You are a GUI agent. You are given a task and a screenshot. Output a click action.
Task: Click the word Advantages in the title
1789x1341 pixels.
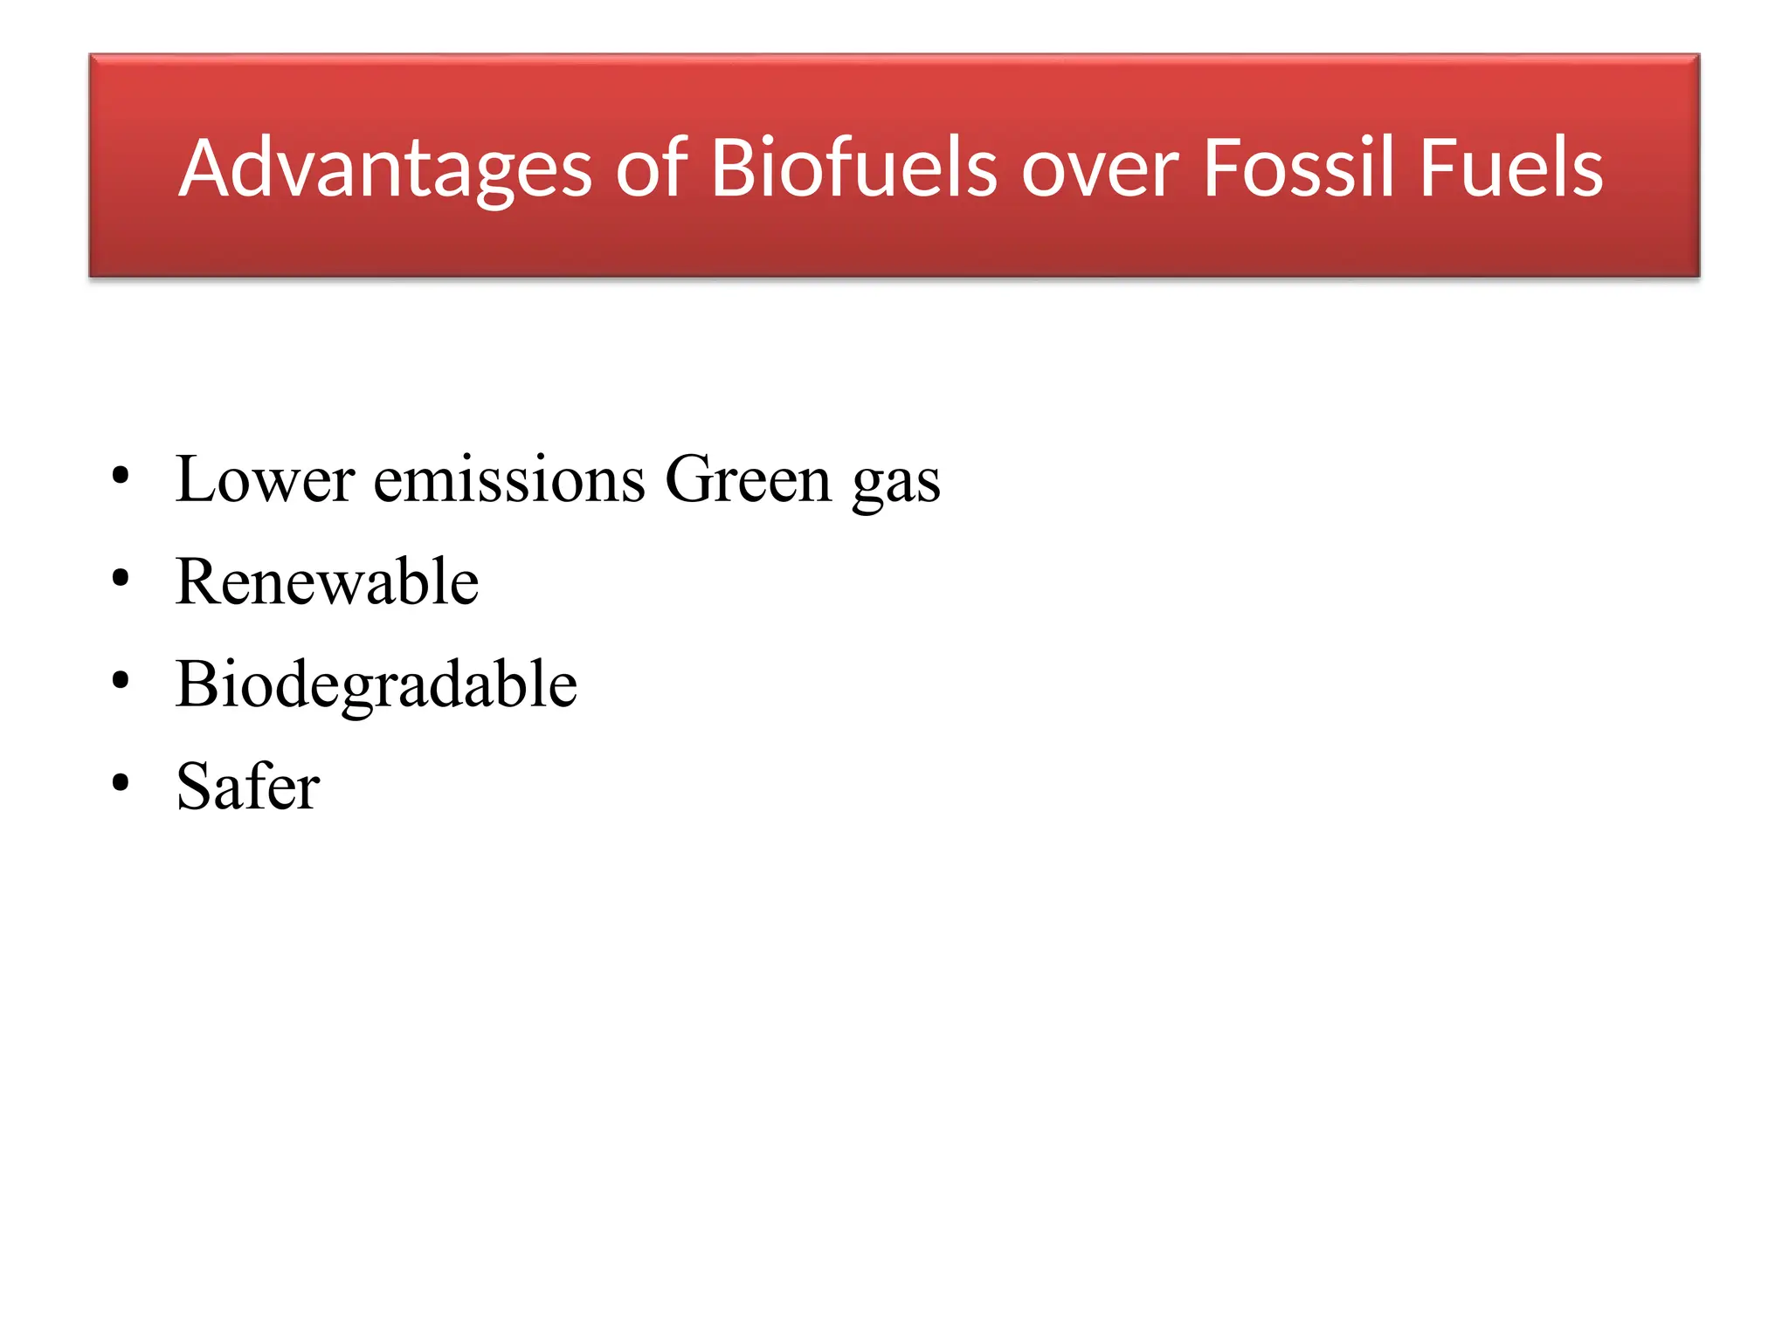click(x=385, y=168)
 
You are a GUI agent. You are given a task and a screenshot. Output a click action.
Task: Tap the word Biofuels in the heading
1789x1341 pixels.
click(x=853, y=168)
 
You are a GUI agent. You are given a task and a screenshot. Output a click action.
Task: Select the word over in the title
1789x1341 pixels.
click(x=1101, y=168)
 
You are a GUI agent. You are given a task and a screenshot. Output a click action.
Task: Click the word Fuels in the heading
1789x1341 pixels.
click(x=1511, y=168)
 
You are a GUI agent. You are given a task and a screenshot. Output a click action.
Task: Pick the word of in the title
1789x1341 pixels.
click(x=652, y=168)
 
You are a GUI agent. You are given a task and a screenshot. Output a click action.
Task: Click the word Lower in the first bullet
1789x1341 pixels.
click(x=265, y=479)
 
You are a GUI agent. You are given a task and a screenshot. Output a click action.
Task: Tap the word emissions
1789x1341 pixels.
click(x=509, y=479)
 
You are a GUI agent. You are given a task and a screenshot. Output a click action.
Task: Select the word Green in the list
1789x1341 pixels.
click(x=748, y=479)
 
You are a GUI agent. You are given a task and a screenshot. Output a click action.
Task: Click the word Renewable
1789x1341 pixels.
click(x=327, y=581)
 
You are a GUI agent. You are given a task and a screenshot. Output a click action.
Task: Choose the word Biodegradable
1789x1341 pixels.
click(x=376, y=684)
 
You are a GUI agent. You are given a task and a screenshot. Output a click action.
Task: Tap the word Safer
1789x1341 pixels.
click(x=248, y=786)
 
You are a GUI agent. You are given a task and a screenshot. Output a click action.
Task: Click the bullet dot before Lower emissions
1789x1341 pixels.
click(x=121, y=477)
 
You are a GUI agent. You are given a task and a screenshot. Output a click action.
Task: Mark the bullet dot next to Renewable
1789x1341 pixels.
click(x=121, y=578)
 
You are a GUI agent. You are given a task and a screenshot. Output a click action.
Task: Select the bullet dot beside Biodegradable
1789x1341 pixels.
click(x=121, y=680)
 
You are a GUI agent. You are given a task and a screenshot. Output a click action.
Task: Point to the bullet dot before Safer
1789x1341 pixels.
click(x=121, y=782)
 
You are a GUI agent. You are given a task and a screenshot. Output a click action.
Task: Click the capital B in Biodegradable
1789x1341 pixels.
click(x=194, y=683)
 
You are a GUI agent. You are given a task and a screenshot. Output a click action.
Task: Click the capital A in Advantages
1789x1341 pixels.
click(x=206, y=168)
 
